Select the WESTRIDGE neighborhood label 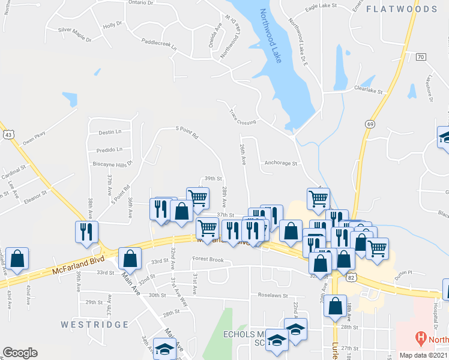tap(95, 325)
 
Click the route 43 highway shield tap(8, 135)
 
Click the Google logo tap(20, 353)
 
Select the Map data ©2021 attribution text tap(423, 355)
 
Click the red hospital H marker tap(420, 338)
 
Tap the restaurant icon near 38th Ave tap(84, 230)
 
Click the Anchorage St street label tap(282, 163)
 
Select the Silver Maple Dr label tap(74, 34)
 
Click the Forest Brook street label tap(208, 260)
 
